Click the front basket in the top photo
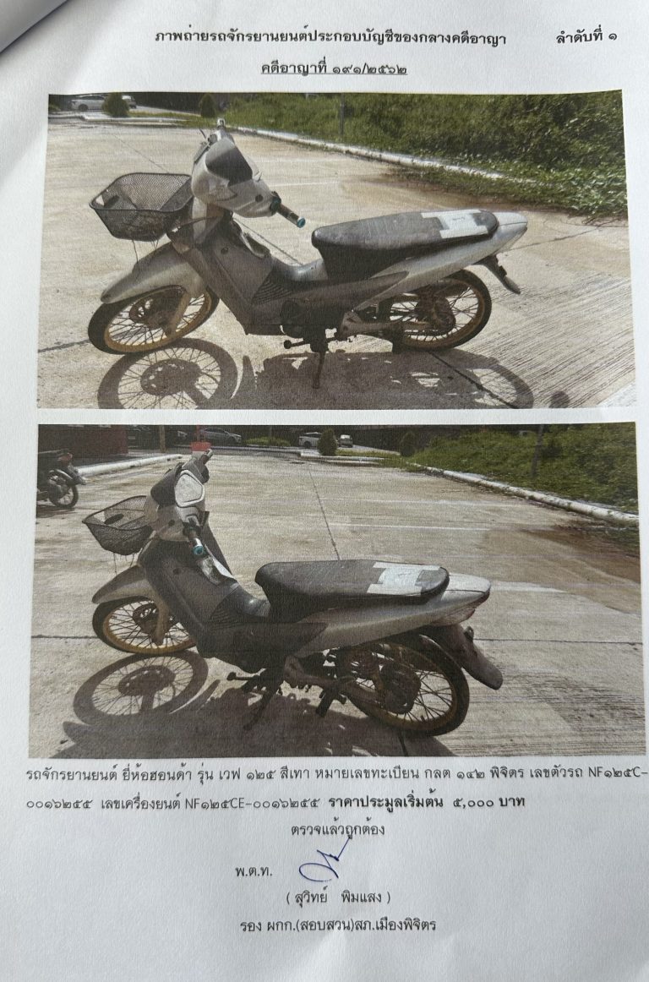(x=142, y=205)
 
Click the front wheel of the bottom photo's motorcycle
(x=143, y=625)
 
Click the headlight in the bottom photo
(x=190, y=489)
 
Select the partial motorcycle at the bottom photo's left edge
(x=57, y=477)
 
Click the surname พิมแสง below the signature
(x=361, y=897)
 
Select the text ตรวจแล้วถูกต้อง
(x=338, y=830)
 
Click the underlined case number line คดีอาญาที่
(x=334, y=67)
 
